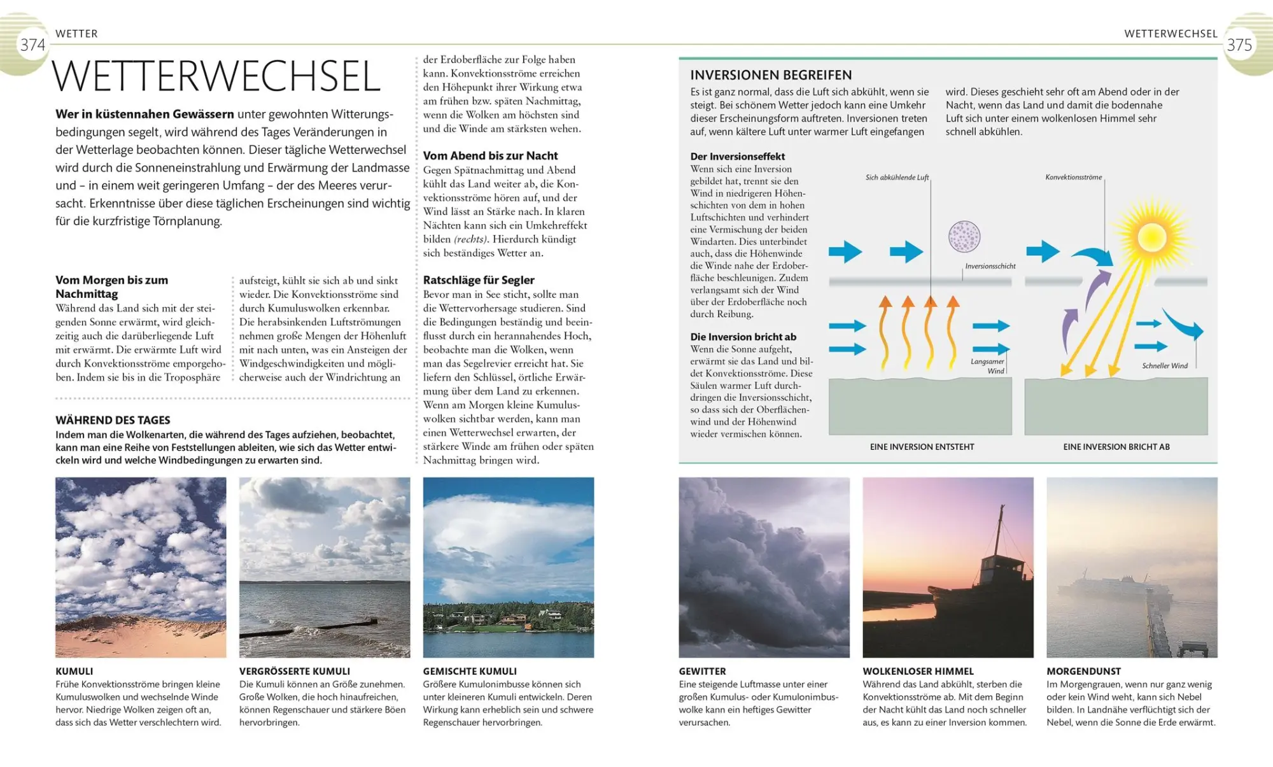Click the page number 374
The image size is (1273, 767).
(32, 45)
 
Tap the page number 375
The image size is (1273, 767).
(1239, 45)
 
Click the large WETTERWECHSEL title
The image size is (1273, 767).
(216, 77)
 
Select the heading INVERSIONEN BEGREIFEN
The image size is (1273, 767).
(771, 75)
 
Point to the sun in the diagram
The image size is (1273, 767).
(1151, 237)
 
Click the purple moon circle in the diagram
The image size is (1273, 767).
(964, 237)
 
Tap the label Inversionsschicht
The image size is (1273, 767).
(990, 266)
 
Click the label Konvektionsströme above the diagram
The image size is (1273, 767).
(1073, 177)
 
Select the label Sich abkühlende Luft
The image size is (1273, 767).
(897, 178)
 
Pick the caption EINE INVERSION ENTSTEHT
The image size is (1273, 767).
(922, 447)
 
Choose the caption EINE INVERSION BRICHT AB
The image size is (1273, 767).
(1116, 447)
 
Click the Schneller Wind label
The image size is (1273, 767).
(1165, 366)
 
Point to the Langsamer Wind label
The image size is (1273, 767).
(987, 366)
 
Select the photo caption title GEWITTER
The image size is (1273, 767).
(702, 671)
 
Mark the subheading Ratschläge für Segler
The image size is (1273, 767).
(479, 280)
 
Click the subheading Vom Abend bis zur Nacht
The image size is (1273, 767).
(490, 156)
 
